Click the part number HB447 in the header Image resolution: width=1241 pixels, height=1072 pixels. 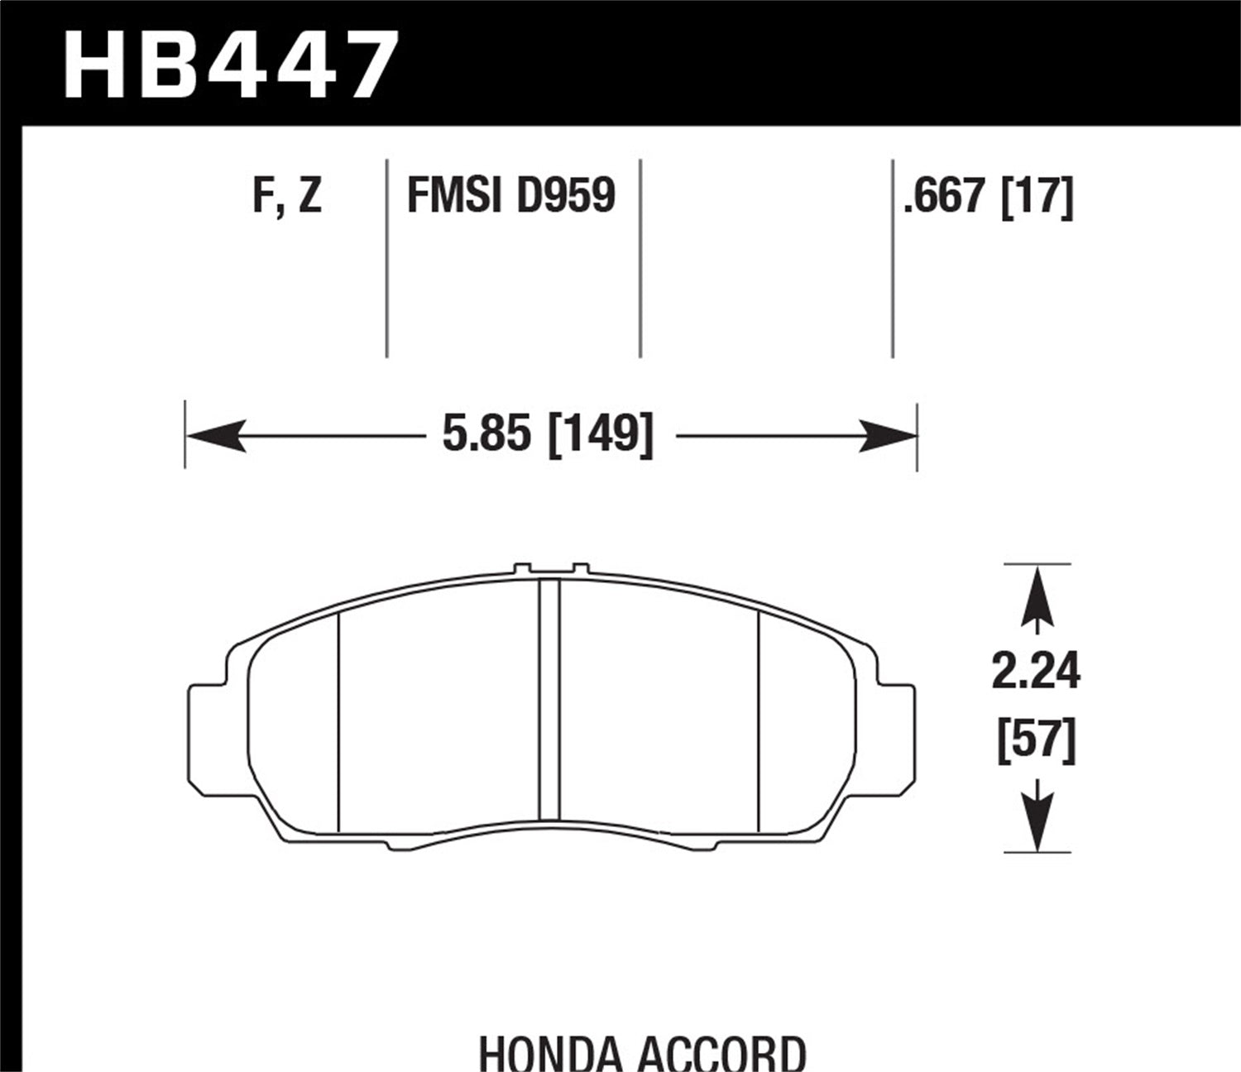click(x=230, y=65)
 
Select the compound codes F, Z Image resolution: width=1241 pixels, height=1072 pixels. click(x=287, y=197)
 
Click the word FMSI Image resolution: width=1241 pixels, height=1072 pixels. click(x=453, y=197)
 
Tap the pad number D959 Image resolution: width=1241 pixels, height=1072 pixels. click(x=566, y=197)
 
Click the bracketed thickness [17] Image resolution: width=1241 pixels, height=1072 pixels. click(x=1037, y=197)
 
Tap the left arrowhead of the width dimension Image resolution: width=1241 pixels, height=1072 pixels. click(x=215, y=435)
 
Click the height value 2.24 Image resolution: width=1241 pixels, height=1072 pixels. click(x=1036, y=671)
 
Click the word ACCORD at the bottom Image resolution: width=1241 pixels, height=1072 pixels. click(x=722, y=1052)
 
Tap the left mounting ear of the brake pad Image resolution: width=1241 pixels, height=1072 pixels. click(x=207, y=731)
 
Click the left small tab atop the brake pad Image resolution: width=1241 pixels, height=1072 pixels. click(x=522, y=569)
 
